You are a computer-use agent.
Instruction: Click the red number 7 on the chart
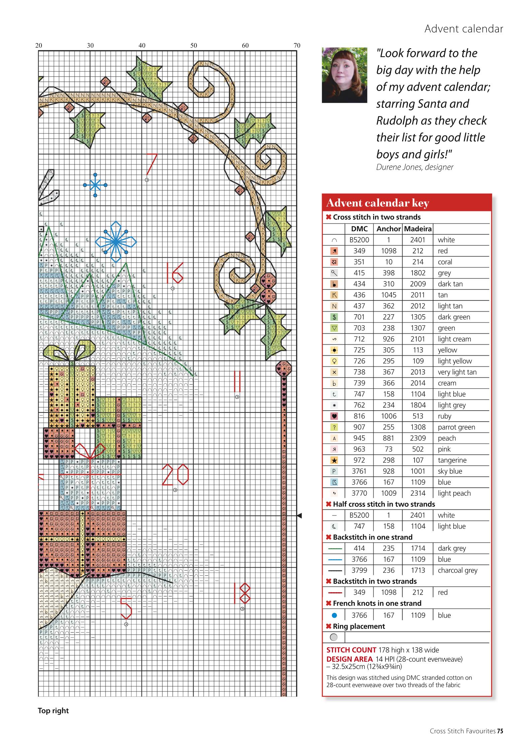152,164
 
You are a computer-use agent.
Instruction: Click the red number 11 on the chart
237,381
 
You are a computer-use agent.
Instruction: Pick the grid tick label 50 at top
194,46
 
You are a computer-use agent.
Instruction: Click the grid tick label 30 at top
90,46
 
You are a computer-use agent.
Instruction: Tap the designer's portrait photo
344,75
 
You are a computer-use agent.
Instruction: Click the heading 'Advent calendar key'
377,203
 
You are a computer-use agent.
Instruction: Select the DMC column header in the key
359,229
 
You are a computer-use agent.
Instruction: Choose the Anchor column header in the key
388,229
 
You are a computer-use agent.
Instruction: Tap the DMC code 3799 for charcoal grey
359,570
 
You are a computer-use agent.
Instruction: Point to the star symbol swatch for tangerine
334,460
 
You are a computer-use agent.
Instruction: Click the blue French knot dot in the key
334,615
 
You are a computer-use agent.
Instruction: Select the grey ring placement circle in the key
334,637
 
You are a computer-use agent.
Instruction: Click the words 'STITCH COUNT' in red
351,650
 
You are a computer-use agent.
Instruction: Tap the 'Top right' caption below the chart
53,711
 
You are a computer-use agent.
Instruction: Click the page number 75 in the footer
500,731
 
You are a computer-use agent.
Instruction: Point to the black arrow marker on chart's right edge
299,515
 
